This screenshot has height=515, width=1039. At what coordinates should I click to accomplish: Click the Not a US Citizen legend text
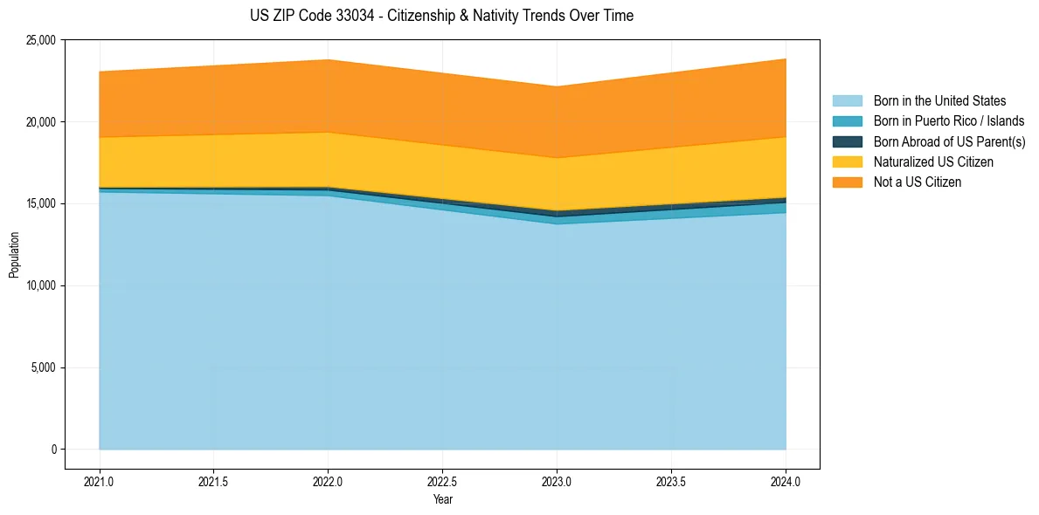pyautogui.click(x=917, y=182)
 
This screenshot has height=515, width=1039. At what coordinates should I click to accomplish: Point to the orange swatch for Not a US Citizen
pyautogui.click(x=847, y=182)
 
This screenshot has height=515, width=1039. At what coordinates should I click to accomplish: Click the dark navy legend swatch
pyautogui.click(x=847, y=141)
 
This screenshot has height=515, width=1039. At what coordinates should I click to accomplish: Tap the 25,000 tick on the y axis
pyautogui.click(x=42, y=40)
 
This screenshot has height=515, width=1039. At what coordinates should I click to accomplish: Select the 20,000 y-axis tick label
pyautogui.click(x=42, y=122)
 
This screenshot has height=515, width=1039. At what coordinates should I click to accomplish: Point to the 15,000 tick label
pyautogui.click(x=42, y=204)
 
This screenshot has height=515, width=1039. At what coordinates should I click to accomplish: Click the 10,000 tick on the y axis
pyautogui.click(x=42, y=286)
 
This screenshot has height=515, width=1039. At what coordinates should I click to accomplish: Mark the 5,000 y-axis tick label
pyautogui.click(x=45, y=367)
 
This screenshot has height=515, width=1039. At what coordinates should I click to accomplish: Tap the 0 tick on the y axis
pyautogui.click(x=53, y=450)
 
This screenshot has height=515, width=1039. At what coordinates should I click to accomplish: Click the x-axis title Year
pyautogui.click(x=443, y=499)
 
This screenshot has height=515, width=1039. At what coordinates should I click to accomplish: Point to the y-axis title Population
pyautogui.click(x=14, y=255)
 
